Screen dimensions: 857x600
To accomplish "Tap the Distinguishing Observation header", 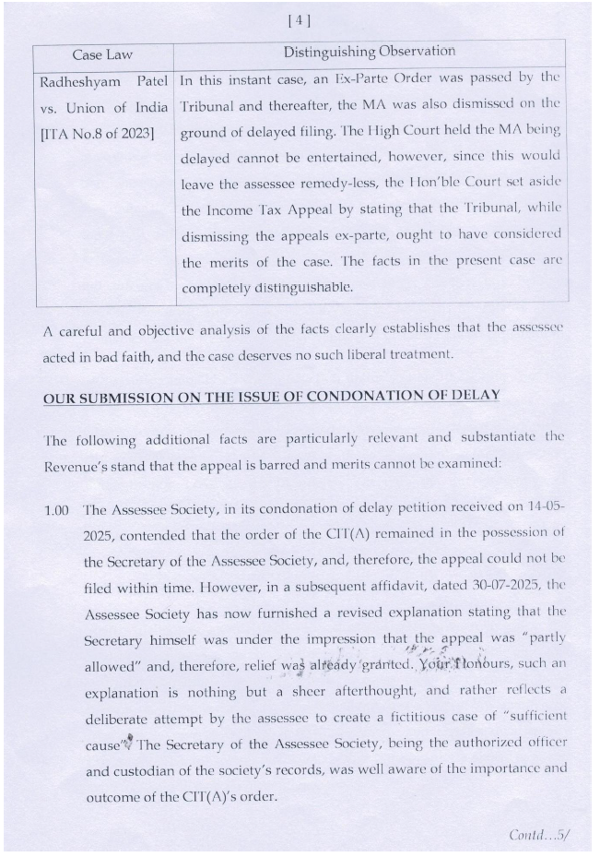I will (369, 52).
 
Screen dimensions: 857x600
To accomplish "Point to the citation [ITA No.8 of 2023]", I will (96, 134).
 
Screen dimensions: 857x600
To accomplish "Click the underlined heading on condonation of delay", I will (271, 396).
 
